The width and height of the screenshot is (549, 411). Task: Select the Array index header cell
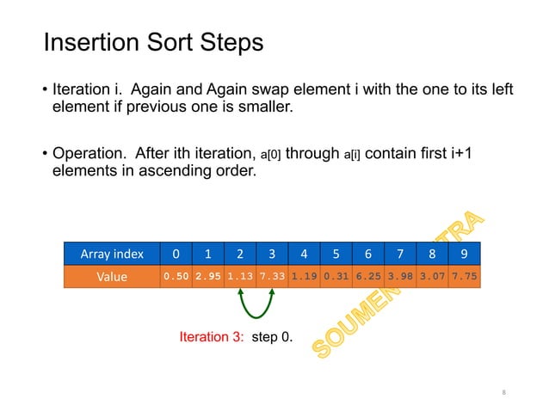point(112,254)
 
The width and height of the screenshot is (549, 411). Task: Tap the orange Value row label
point(112,277)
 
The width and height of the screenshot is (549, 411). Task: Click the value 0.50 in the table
point(176,277)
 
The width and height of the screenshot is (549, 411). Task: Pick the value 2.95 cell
point(208,277)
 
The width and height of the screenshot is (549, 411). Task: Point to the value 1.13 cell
point(240,277)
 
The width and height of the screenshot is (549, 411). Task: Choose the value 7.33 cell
point(272,277)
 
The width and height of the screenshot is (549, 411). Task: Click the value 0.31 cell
point(336,277)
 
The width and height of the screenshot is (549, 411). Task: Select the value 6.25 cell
point(368,277)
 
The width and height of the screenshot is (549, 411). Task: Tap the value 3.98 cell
point(400,277)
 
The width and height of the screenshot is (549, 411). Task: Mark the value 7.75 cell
point(465,277)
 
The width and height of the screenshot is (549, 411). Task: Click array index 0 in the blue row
point(176,254)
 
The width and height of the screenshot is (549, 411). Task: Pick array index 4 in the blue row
point(304,254)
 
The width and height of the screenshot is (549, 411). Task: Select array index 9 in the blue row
point(465,254)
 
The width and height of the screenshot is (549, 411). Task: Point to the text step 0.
point(272,338)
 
